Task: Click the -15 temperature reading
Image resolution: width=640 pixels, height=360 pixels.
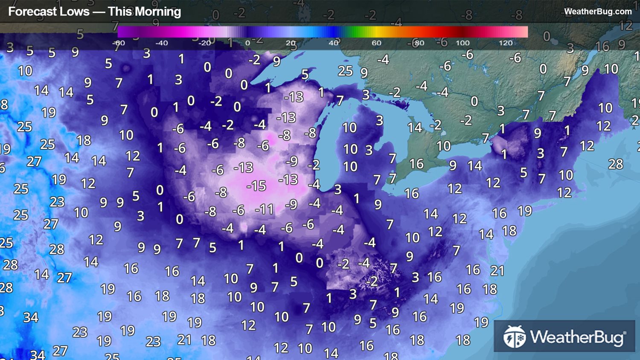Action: [256, 186]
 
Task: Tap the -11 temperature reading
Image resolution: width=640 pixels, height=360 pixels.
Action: [264, 209]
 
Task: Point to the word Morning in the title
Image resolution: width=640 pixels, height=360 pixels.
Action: [158, 12]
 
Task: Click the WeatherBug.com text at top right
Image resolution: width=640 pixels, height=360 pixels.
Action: [598, 12]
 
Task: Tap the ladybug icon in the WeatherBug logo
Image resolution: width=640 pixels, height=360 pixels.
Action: [515, 337]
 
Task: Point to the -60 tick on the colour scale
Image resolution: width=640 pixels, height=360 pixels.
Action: [118, 43]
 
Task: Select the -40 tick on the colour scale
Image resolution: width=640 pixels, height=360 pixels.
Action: [161, 43]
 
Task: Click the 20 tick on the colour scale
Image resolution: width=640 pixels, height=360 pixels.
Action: [291, 43]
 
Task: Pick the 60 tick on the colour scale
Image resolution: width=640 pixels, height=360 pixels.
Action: [376, 43]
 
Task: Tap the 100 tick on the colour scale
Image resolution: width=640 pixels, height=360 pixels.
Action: [463, 43]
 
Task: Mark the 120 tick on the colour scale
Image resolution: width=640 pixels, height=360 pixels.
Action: [506, 43]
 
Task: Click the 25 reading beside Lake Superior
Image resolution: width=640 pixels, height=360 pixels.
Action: [345, 71]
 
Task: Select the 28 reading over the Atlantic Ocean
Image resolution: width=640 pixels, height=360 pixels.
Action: [615, 164]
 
